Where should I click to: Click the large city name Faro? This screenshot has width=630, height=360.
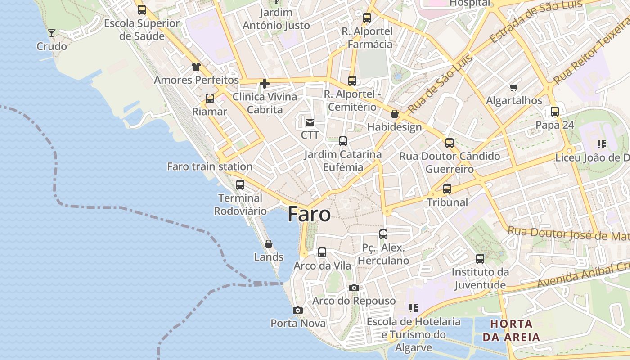click(x=309, y=214)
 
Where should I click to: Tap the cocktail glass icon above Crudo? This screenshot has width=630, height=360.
click(x=52, y=33)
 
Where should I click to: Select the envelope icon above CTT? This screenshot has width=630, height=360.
click(x=310, y=122)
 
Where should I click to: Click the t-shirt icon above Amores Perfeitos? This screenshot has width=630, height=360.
click(x=196, y=67)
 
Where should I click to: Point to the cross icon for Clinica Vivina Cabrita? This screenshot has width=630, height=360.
click(x=265, y=83)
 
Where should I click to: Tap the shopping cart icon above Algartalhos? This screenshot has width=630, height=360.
click(x=514, y=87)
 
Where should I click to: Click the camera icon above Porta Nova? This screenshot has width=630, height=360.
click(x=297, y=310)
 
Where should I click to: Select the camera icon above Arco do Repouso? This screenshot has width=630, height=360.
click(x=354, y=288)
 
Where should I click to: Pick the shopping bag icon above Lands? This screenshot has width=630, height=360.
click(x=269, y=244)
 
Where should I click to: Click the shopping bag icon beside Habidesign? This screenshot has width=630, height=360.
click(x=395, y=114)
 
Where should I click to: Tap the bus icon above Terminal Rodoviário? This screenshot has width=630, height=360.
click(x=240, y=184)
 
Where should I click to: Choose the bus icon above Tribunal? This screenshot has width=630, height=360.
click(x=447, y=189)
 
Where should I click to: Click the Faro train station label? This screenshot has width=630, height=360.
click(x=210, y=166)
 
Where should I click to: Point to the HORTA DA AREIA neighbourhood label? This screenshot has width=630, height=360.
click(x=511, y=330)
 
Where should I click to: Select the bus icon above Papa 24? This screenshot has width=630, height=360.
click(x=555, y=112)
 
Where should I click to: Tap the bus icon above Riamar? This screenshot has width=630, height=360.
click(x=210, y=99)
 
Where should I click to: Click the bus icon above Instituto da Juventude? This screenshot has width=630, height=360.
click(x=480, y=259)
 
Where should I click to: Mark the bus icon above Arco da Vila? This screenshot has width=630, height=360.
click(x=322, y=252)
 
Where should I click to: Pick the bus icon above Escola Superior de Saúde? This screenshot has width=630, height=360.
click(x=142, y=10)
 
